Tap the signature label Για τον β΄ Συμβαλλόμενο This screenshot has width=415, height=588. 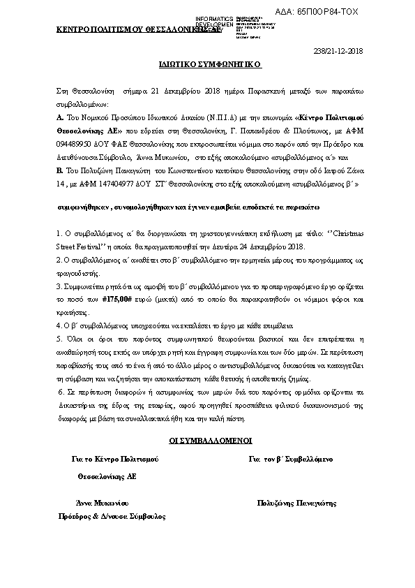tap(290, 459)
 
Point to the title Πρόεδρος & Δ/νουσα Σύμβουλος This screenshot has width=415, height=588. tap(112, 516)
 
